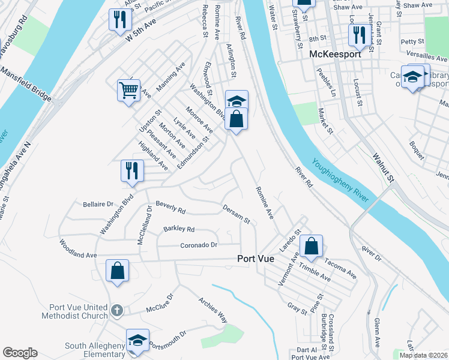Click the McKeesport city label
point(335,55)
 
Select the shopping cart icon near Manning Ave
point(128,91)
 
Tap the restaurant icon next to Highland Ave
point(132,171)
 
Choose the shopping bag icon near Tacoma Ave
point(312,245)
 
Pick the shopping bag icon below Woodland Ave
point(118,271)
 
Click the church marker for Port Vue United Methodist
point(117,311)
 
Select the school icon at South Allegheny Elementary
point(137,340)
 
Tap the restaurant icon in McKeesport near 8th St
point(359,35)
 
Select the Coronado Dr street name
point(199,245)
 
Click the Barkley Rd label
point(179,229)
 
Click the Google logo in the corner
point(20,353)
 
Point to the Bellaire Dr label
point(98,204)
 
